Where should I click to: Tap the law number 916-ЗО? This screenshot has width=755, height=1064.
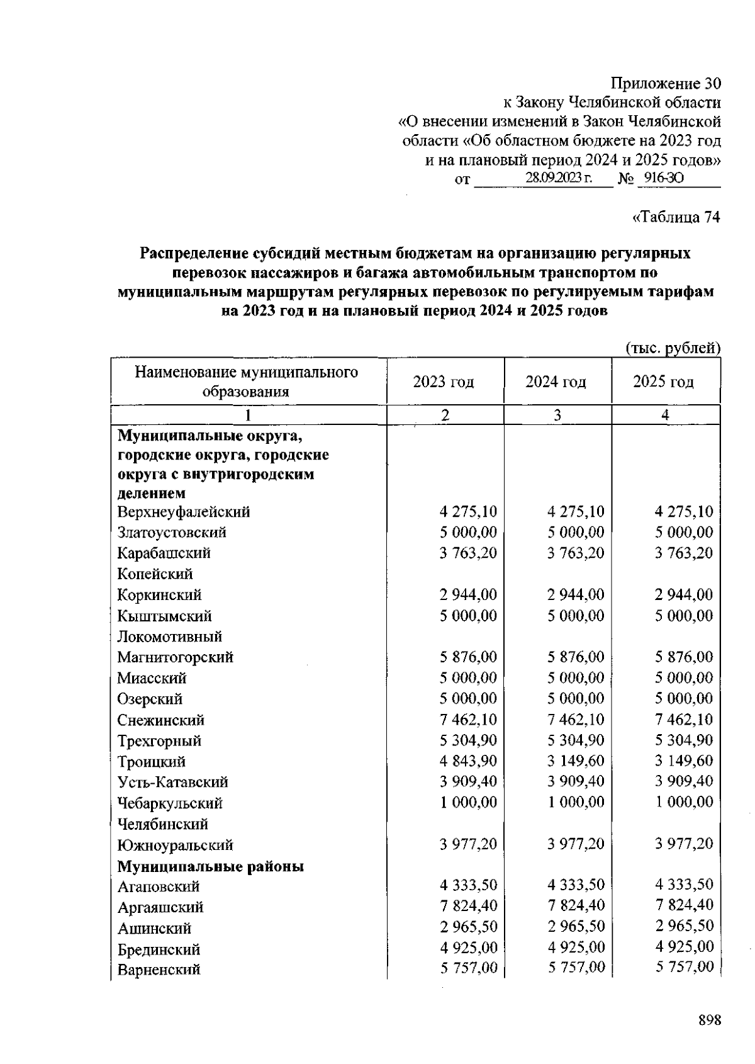pos(663,179)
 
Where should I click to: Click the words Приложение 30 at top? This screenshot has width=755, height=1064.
pos(666,83)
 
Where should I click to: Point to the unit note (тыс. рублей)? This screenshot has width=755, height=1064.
pos(673,347)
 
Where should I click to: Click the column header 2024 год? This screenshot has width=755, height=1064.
pos(556,382)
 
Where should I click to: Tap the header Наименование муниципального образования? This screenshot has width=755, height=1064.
pos(246,382)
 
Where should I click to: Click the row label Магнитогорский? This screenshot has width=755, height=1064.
pos(176,657)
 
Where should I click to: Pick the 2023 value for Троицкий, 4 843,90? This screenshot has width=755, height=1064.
pos(468,761)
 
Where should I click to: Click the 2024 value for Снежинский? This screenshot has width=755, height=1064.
pos(576,720)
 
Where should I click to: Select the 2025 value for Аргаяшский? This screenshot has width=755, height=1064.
pos(684,905)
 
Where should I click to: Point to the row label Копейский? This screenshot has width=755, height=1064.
pos(155,574)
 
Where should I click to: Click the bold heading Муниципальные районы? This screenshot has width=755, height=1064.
pos(211,866)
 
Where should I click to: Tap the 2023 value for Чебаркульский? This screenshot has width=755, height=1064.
pos(468,802)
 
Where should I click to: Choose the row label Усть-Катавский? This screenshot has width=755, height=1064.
pos(173,782)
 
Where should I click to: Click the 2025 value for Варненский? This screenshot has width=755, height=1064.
pos(684,967)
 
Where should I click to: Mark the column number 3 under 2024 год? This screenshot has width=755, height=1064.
pos(557,415)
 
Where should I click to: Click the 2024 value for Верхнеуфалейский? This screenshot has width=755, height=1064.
pos(576,512)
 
